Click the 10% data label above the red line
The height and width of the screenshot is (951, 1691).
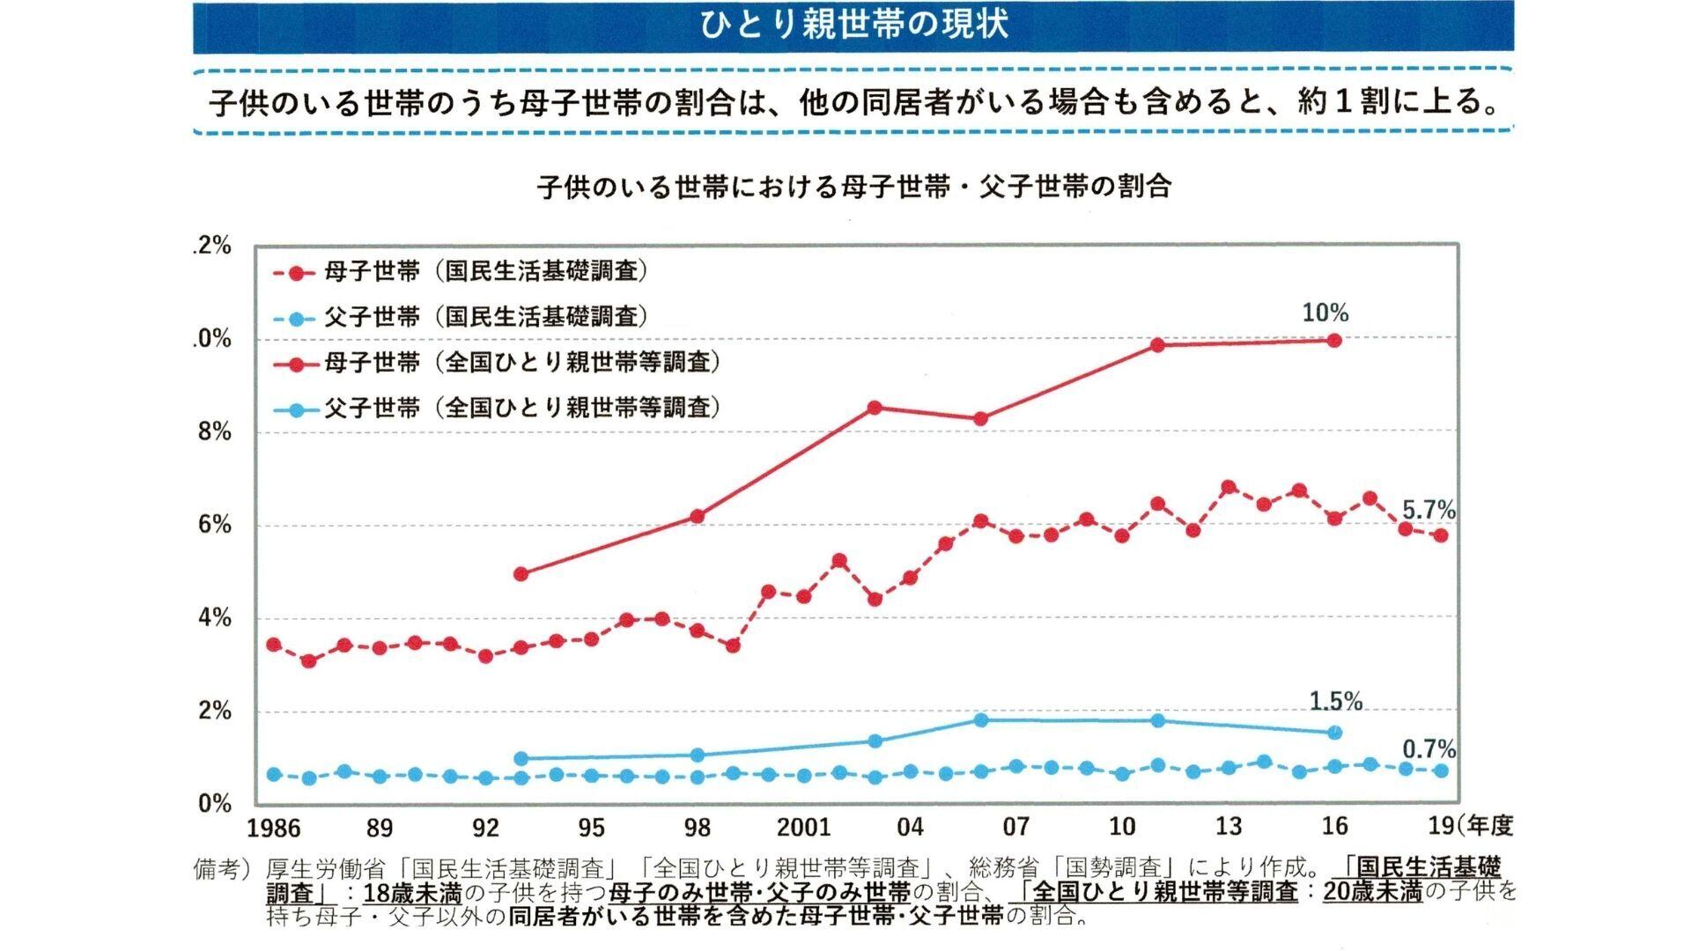click(x=1325, y=313)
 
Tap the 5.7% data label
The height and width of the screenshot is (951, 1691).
click(x=1428, y=510)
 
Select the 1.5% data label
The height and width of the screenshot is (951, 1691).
click(x=1335, y=701)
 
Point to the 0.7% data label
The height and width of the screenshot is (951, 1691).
click(x=1428, y=749)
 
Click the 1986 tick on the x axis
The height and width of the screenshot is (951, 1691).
click(x=273, y=828)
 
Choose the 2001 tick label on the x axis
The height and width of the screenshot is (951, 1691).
click(x=803, y=827)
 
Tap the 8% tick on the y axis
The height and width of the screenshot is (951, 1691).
click(x=214, y=431)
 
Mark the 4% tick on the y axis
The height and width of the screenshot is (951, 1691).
click(x=214, y=617)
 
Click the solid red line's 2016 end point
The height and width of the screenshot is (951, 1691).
click(x=1334, y=340)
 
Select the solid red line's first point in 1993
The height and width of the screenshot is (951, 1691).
click(x=521, y=573)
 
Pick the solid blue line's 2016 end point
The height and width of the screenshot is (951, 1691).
click(x=1334, y=732)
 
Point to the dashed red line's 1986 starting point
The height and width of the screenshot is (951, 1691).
click(x=274, y=645)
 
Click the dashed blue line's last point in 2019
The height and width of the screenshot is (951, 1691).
click(x=1441, y=770)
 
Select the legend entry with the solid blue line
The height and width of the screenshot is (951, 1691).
click(x=498, y=408)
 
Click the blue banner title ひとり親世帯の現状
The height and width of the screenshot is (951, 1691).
click(x=853, y=25)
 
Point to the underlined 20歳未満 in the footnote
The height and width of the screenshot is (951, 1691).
click(x=1372, y=892)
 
